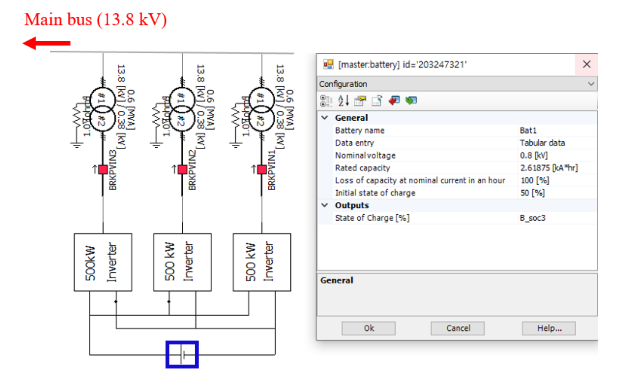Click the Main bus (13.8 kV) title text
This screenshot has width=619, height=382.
(96, 20)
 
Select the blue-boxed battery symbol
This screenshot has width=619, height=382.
(182, 354)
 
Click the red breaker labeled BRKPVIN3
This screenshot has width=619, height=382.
(103, 170)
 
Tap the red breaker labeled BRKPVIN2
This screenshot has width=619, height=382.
(182, 170)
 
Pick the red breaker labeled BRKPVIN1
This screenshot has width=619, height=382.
(262, 170)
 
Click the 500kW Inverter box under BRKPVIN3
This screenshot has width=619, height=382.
(103, 262)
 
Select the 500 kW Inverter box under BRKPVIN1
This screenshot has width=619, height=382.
(262, 262)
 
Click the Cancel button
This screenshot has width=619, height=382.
(458, 328)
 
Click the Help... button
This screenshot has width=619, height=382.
(549, 328)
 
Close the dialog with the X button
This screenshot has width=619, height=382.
(587, 64)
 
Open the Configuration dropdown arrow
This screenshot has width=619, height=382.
(591, 84)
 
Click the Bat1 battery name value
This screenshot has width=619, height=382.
(528, 131)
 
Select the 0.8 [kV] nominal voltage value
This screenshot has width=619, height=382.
(534, 155)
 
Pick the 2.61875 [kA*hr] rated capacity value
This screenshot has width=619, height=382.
(549, 168)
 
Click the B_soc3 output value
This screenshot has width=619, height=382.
(532, 218)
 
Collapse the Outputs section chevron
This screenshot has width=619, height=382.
(325, 205)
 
